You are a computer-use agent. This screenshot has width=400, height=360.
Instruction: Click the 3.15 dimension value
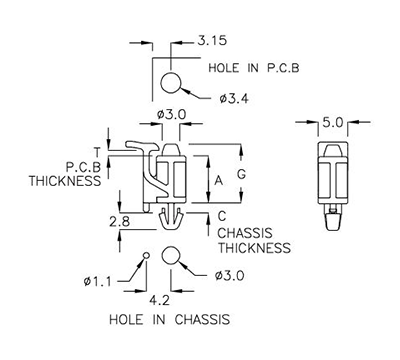[x=211, y=41]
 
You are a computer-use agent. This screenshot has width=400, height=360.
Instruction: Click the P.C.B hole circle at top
[x=171, y=82]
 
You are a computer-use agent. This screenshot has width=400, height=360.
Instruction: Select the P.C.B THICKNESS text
[x=66, y=174]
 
